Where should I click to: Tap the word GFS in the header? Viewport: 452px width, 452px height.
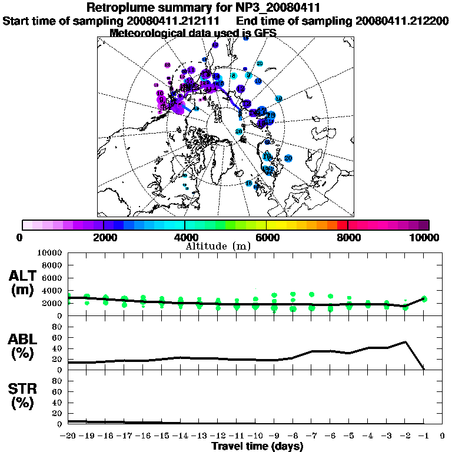point(265,33)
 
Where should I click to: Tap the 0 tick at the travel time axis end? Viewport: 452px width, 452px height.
point(443,436)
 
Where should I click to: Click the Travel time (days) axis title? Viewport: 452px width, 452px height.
point(257,446)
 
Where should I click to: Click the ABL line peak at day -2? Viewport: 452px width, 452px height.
point(406,341)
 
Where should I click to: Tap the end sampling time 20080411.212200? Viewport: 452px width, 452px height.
point(402,21)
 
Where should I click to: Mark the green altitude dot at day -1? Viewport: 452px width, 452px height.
point(424,299)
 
